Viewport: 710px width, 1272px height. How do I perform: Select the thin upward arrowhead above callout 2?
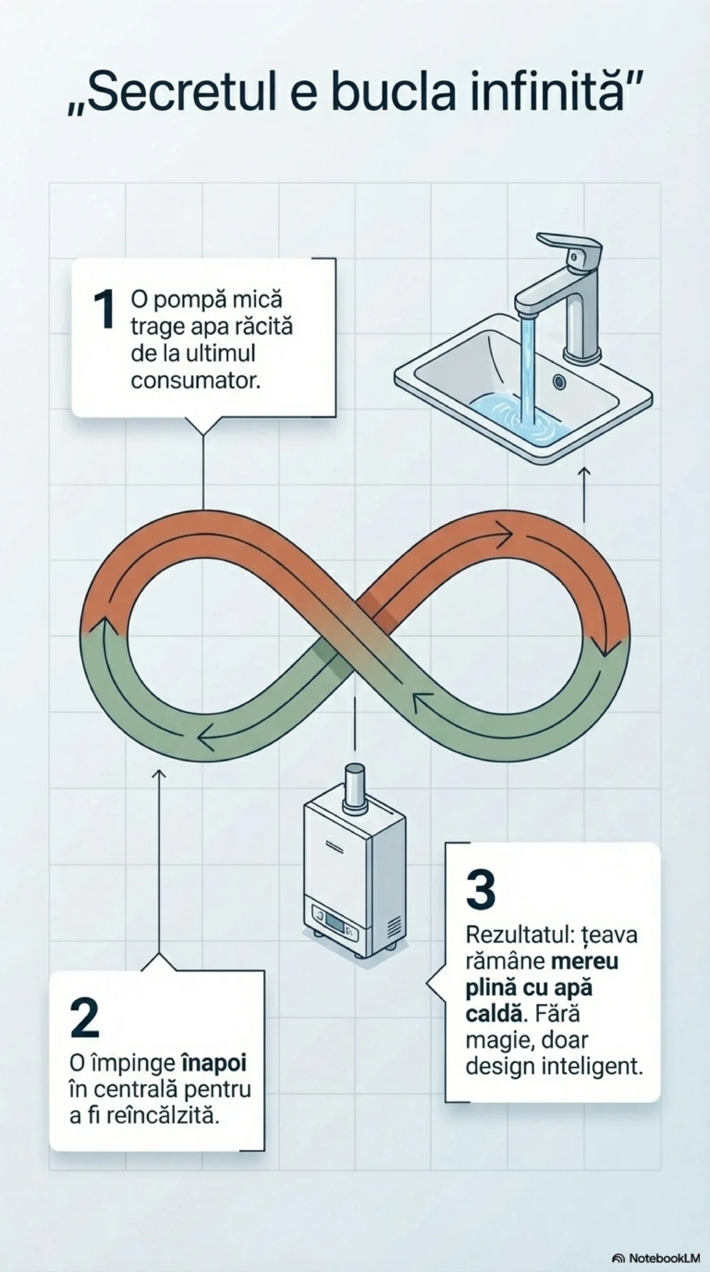[158, 774]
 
